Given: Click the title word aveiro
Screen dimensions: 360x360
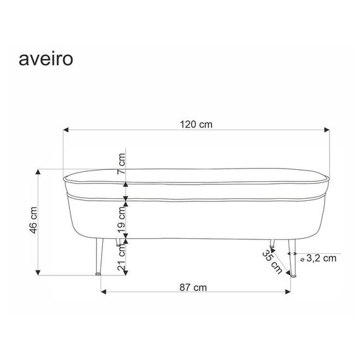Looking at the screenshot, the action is (x=46, y=59).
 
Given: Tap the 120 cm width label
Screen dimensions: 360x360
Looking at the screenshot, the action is (x=196, y=124).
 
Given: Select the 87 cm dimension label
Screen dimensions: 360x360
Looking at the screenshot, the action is (x=193, y=287).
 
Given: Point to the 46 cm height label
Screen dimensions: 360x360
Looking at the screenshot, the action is (x=33, y=220).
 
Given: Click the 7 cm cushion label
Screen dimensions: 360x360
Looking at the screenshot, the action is (x=121, y=164).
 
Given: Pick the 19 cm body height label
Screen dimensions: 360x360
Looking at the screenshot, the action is (x=121, y=220).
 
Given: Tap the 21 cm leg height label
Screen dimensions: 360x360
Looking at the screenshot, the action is (x=121, y=258).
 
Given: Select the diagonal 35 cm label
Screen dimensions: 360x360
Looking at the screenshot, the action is (x=272, y=261).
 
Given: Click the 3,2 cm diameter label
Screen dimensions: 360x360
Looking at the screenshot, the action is (x=321, y=258).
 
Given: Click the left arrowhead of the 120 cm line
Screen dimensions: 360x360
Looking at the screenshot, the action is (x=66, y=130).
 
